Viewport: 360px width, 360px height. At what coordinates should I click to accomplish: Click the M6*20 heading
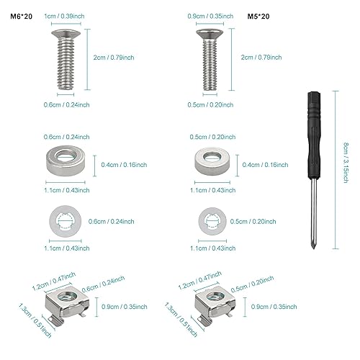point(21,17)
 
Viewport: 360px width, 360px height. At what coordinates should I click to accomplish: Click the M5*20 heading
point(258,17)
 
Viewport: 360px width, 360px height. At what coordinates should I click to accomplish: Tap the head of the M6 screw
point(66,34)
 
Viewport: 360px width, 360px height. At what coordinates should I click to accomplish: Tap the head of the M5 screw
point(210,34)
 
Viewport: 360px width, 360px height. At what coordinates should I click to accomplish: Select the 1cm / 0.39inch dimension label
point(64,17)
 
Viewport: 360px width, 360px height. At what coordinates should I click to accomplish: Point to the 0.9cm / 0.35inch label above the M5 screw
point(210,17)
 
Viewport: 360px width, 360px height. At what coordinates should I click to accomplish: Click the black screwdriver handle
point(314,135)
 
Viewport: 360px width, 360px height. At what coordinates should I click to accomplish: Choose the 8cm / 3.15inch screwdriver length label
point(346,163)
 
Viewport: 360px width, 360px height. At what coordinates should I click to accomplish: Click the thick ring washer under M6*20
point(66,161)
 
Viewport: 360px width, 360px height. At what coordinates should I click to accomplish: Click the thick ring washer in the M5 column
point(212,161)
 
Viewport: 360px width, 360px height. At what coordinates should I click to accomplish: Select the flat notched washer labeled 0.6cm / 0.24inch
point(66,221)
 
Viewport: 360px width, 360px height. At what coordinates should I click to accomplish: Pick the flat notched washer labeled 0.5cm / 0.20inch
point(212,221)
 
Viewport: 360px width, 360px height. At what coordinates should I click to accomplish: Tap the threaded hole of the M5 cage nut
point(215,297)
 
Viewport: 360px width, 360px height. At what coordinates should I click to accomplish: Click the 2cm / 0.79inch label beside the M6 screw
point(114,58)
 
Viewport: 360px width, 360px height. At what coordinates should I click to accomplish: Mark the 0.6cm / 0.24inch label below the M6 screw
point(66,105)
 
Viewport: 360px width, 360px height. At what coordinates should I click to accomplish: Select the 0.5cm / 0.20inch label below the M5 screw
point(210,105)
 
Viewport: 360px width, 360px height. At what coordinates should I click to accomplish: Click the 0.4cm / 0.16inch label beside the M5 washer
point(265,165)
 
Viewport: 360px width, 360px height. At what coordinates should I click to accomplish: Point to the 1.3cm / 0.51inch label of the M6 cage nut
point(35,320)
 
